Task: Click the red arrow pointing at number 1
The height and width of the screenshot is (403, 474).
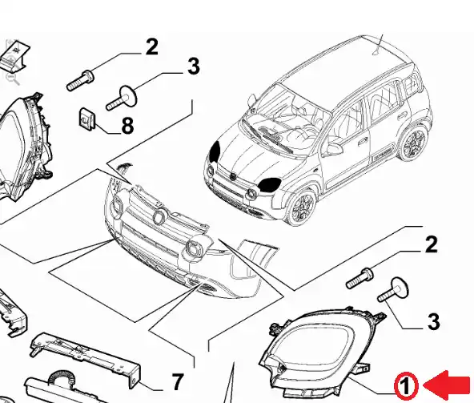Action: pos(448,385)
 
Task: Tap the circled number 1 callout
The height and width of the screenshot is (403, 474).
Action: pos(406,385)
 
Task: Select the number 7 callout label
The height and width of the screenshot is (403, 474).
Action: pos(177,382)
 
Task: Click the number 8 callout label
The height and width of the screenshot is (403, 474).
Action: pos(127,126)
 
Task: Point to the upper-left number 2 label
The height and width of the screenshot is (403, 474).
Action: pos(151,47)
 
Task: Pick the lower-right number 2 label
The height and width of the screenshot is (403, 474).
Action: pos(431,244)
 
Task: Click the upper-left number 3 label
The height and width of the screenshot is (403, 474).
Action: pos(194,66)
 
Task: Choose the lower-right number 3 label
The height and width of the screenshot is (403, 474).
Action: pos(433,321)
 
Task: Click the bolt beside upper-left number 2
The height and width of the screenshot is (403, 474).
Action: pos(80,80)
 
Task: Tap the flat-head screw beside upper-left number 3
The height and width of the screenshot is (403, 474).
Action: pos(122,98)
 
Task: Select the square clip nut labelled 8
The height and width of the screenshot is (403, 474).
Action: pos(87,118)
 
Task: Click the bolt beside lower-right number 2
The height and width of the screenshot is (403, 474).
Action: pos(360,278)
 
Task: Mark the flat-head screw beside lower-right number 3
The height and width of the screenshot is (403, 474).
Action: pos(393,289)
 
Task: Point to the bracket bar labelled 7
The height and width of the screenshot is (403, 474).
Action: pos(86,360)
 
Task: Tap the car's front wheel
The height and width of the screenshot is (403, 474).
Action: pos(302,207)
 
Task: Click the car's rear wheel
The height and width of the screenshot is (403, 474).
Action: pos(412,143)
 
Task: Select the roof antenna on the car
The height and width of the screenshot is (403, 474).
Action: pos(379,45)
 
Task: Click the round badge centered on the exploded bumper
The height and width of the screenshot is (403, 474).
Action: pos(159,216)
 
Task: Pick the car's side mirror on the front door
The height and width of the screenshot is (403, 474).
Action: pos(335,148)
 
